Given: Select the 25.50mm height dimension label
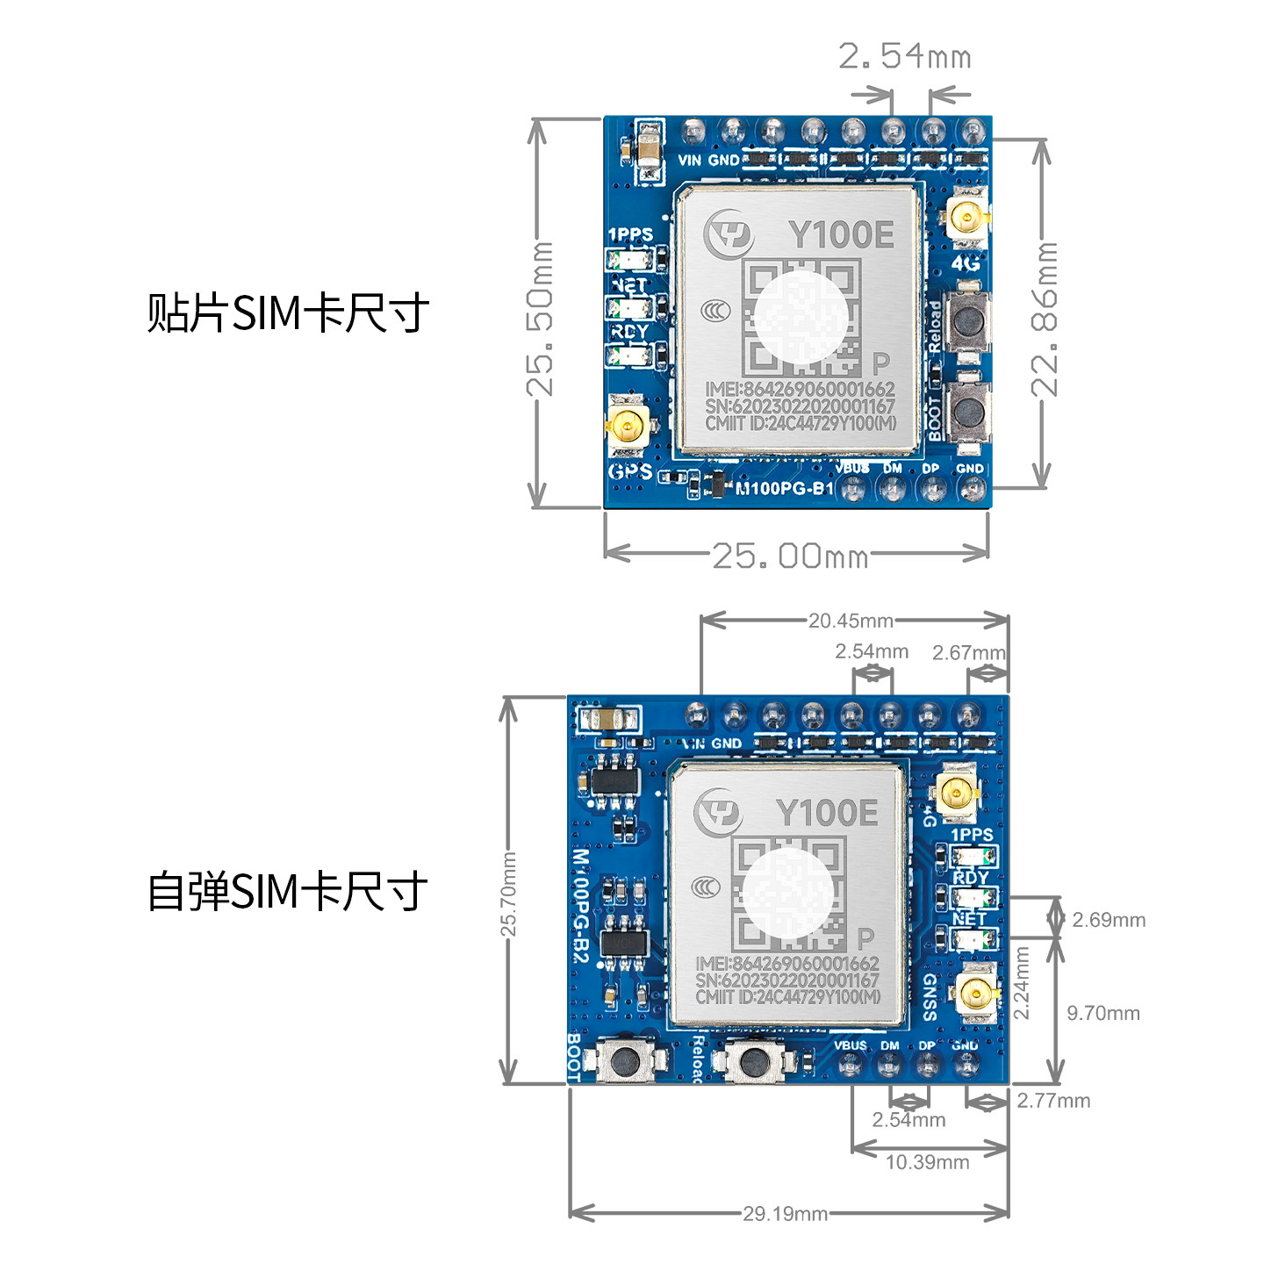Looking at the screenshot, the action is [540, 318].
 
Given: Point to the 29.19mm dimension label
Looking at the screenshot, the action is [785, 1214].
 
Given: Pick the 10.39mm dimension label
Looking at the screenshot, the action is [927, 1162].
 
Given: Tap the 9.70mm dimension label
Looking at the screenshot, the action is [1102, 1013].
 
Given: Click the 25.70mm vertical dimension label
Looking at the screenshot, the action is [508, 893].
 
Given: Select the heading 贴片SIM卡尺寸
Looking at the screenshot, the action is [288, 312].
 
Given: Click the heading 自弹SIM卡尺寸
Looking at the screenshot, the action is [287, 891].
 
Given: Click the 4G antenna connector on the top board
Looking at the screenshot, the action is [966, 218].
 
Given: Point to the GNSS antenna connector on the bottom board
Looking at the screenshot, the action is [975, 994].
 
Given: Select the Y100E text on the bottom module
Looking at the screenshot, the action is [826, 813].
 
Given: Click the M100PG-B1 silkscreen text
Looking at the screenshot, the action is [784, 489].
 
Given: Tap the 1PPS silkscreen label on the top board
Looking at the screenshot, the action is [630, 234].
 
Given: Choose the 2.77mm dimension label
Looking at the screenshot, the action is [1053, 1101].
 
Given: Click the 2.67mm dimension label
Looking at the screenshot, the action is [968, 652].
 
